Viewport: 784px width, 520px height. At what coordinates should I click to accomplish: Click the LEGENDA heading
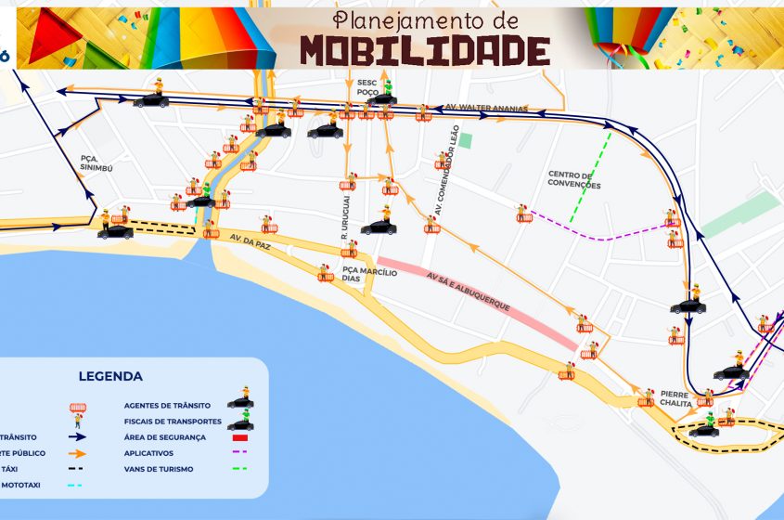coord(110,376)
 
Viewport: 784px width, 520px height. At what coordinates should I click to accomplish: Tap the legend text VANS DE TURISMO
coord(159,469)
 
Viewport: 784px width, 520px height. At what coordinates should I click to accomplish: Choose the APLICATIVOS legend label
coord(148,453)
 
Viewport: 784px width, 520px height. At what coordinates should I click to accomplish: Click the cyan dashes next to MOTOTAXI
coord(74,485)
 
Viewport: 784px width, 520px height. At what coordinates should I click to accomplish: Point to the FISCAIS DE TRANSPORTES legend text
coord(173,421)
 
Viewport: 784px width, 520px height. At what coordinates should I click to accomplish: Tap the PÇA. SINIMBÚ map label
coord(95,164)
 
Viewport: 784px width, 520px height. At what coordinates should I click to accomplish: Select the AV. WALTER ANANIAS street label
coord(487,109)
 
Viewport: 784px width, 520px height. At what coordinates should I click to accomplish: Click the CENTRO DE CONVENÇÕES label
coord(574,180)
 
